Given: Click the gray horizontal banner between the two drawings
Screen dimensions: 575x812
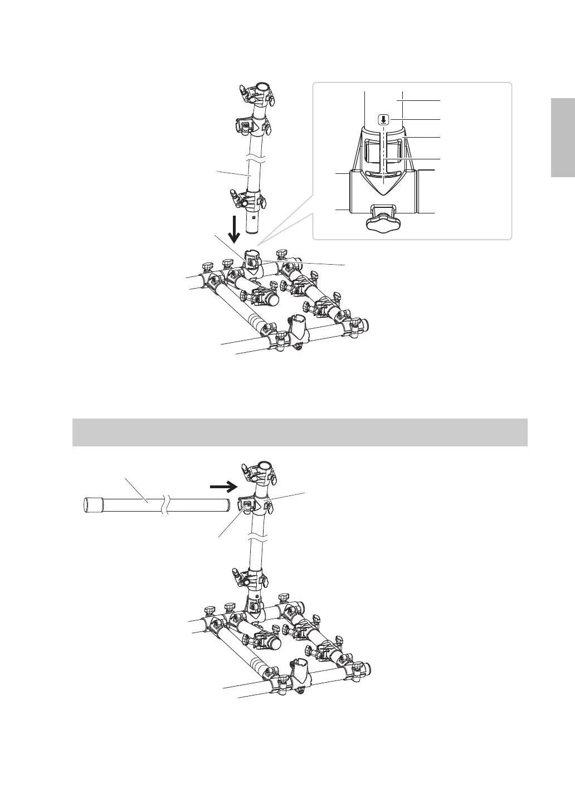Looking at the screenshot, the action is pos(300,432).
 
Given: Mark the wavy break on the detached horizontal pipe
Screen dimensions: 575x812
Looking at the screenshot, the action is pos(163,505).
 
